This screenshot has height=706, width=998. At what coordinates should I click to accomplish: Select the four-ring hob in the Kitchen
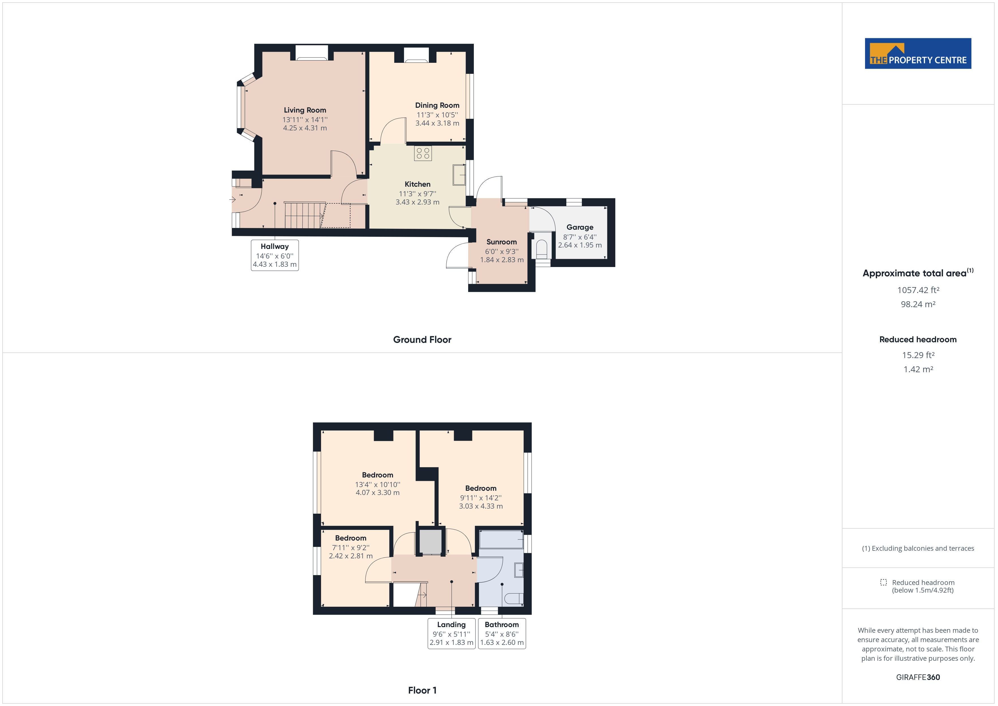(x=423, y=153)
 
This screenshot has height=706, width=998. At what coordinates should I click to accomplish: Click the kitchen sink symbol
(x=459, y=175)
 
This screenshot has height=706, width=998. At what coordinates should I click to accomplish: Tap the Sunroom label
(x=501, y=242)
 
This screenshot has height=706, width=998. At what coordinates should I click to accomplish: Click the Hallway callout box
(x=275, y=255)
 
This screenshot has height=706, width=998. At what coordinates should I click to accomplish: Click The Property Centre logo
(x=918, y=53)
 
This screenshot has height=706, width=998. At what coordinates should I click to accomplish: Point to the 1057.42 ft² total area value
(x=918, y=290)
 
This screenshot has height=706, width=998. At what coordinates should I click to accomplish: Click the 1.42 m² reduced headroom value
(x=918, y=369)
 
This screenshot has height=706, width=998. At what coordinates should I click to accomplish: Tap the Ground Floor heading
(x=422, y=339)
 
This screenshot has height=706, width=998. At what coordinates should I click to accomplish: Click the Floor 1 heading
(x=422, y=690)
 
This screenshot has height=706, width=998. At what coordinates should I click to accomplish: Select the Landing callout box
(x=451, y=633)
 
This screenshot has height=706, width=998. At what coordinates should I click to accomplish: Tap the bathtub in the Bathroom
(x=501, y=539)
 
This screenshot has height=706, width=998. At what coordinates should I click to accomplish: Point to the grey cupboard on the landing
(x=430, y=541)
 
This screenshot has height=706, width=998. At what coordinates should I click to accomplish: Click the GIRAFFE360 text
(x=918, y=677)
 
